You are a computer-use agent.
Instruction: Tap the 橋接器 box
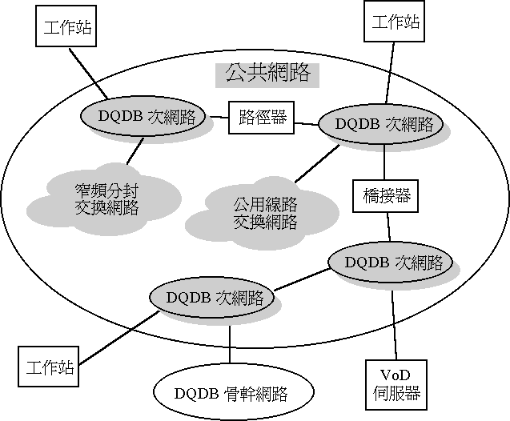click(x=382, y=195)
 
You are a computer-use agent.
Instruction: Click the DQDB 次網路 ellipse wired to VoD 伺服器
click(x=390, y=263)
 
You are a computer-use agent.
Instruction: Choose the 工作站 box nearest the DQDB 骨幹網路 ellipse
click(x=50, y=368)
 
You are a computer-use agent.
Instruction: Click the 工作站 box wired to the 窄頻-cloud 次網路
click(x=66, y=30)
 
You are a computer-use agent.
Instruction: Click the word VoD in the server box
click(x=392, y=375)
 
